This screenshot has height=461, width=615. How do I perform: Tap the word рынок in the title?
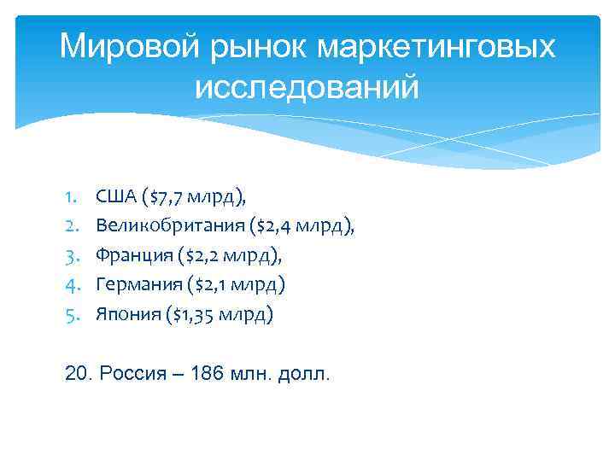pyautogui.click(x=250, y=49)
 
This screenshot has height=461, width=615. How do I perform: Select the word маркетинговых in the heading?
pyautogui.click(x=436, y=47)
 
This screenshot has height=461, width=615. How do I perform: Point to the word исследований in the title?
pyautogui.click(x=307, y=86)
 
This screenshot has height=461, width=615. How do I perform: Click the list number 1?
pyautogui.click(x=69, y=199)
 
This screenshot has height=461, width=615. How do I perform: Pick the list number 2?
pyautogui.click(x=69, y=227)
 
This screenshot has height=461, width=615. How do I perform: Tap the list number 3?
pyautogui.click(x=69, y=255)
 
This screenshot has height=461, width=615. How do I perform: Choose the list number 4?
pyautogui.click(x=69, y=284)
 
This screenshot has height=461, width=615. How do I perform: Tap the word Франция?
pyautogui.click(x=130, y=255)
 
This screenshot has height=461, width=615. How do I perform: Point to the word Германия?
pyautogui.click(x=133, y=284)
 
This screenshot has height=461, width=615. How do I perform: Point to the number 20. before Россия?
pyautogui.click(x=79, y=374)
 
